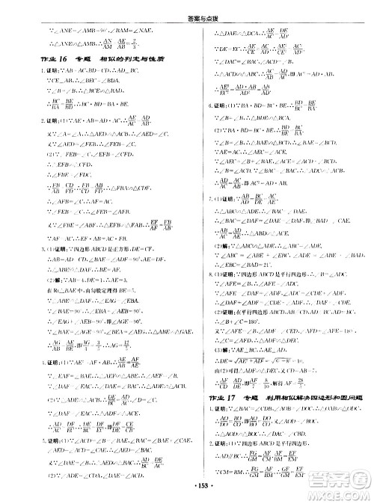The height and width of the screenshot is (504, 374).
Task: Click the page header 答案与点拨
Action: pos(186,7)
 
